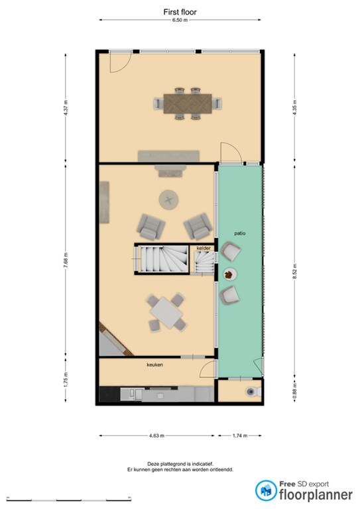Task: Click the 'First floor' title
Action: coord(180,12)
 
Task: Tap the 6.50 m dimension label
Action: coord(180,20)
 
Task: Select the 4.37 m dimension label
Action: coord(66,108)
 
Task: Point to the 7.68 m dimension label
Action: coord(66,260)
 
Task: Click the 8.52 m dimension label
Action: coord(294,270)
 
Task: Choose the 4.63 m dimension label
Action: coord(156,435)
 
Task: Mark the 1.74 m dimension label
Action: coord(240,435)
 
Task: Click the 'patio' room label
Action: coord(240,233)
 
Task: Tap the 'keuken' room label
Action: coord(155,365)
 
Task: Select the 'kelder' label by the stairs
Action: coord(204,248)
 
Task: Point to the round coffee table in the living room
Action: coord(168,200)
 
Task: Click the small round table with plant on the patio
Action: coord(230,274)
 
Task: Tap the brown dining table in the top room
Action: coord(188,103)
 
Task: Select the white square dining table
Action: coord(166,313)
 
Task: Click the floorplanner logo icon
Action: coord(266,490)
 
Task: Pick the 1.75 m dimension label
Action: coord(66,379)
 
